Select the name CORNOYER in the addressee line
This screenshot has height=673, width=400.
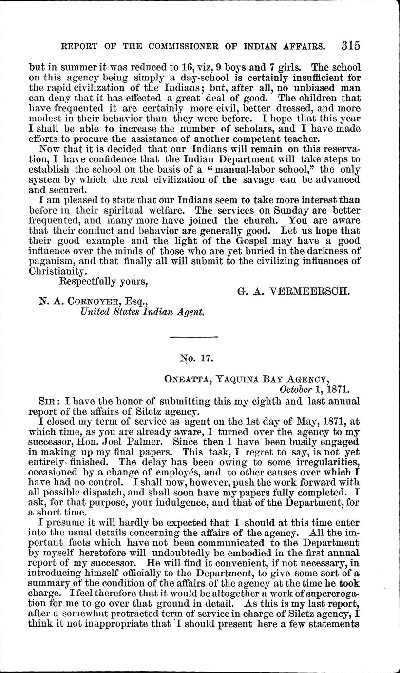pyautogui.click(x=99, y=302)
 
